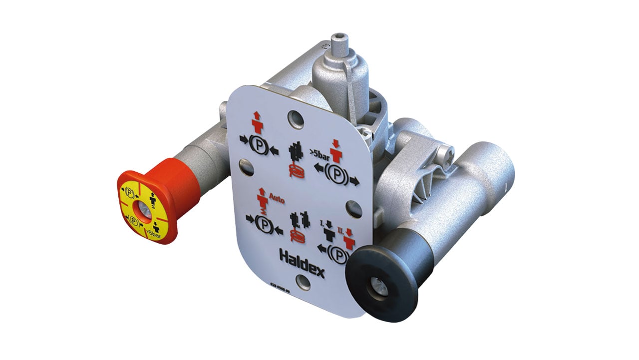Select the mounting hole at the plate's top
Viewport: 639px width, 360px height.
point(295,120)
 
